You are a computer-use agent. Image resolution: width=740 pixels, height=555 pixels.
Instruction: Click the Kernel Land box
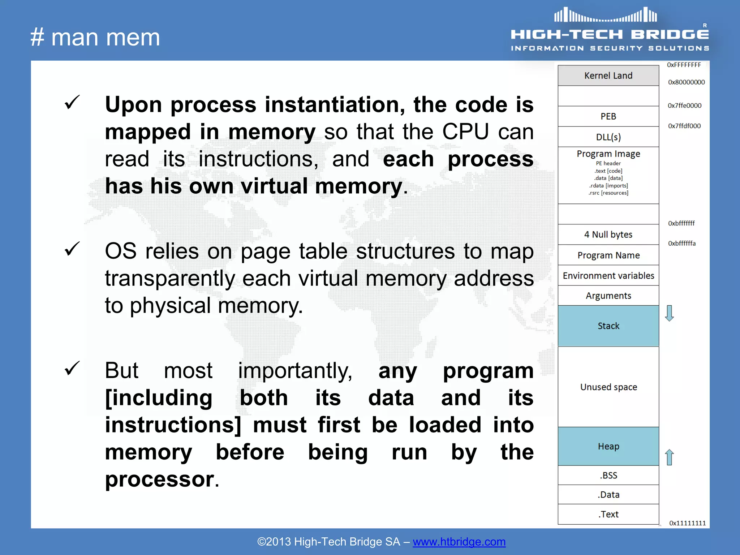[x=608, y=76]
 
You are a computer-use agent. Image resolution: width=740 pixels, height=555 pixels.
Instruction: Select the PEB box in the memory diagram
[x=608, y=116]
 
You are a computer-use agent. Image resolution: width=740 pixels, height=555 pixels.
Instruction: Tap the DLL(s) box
[x=608, y=137]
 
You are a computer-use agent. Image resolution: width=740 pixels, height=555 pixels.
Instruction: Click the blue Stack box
[x=608, y=326]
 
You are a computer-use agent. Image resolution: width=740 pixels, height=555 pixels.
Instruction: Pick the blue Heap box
[x=608, y=446]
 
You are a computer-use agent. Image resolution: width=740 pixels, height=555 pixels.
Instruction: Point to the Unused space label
[x=608, y=387]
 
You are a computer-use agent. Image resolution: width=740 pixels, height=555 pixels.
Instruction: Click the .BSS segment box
[x=608, y=475]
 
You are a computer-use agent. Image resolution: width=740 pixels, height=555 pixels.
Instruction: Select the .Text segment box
[x=608, y=514]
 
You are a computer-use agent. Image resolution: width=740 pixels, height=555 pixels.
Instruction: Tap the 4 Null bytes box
[x=608, y=235]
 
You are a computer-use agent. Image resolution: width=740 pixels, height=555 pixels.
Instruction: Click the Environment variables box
[x=608, y=276]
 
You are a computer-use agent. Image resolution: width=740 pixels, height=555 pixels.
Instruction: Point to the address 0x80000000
[x=686, y=82]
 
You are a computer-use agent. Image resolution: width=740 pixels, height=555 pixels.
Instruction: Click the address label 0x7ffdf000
[x=684, y=126]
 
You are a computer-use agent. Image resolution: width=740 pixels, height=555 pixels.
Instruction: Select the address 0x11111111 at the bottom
[x=687, y=523]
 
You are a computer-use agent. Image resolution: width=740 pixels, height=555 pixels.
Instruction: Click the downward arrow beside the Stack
[x=669, y=313]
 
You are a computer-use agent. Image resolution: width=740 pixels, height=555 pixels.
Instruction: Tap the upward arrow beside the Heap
[x=669, y=457]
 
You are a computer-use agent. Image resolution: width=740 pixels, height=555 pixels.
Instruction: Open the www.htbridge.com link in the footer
[x=459, y=542]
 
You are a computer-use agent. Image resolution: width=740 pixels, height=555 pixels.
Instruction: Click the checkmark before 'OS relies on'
[x=72, y=249]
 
